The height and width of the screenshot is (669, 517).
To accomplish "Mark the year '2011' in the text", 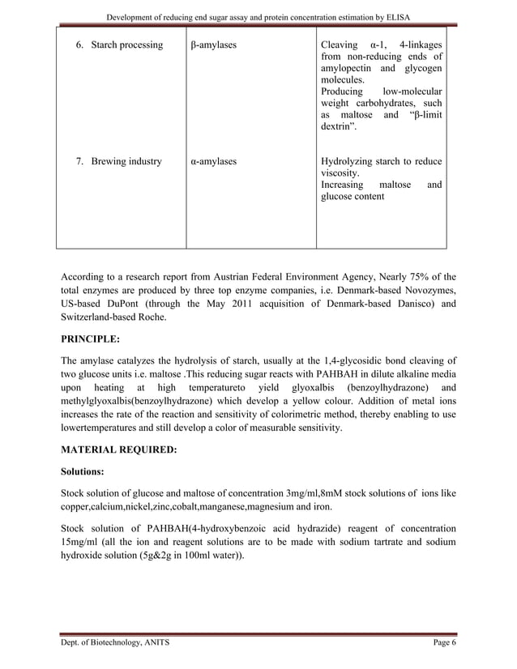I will point(244,304).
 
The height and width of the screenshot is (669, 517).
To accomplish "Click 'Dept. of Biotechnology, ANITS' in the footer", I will point(115,642).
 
